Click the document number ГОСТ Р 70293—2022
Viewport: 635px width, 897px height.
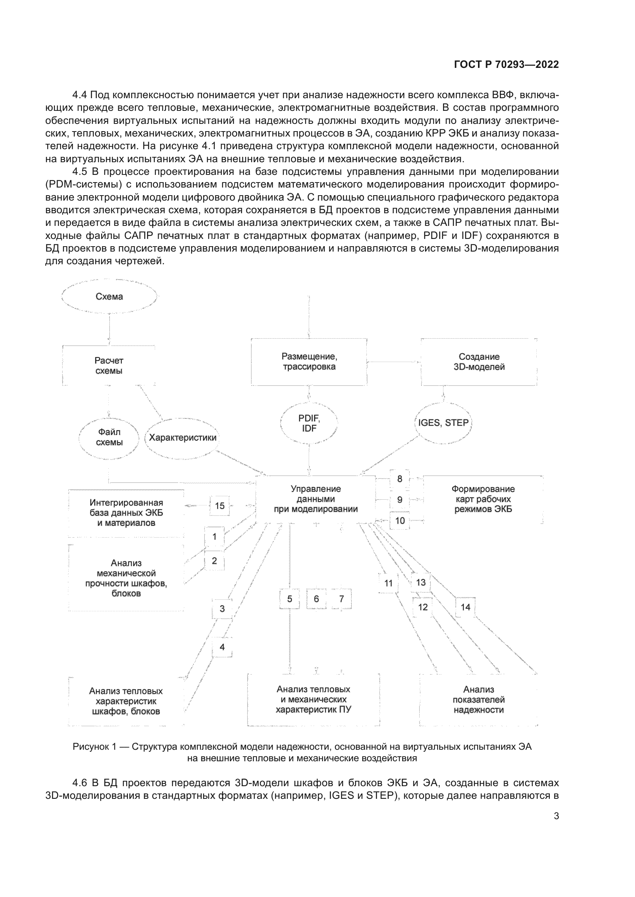pos(506,64)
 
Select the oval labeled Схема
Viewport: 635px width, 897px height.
pos(109,296)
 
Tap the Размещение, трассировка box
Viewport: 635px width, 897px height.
pos(309,362)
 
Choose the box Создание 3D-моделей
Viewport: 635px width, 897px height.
pos(479,362)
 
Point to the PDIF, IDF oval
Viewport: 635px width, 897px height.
pos(309,423)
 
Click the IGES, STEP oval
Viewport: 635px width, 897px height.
pos(443,423)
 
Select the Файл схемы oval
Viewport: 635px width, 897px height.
pos(109,437)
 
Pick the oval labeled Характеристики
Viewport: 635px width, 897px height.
pos(183,438)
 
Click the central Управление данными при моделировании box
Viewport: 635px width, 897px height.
pos(315,499)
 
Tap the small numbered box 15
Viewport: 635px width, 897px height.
pos(219,505)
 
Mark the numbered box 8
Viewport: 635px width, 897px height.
pos(399,479)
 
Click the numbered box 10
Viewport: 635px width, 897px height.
pos(400,520)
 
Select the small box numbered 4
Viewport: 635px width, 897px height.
pos(222,647)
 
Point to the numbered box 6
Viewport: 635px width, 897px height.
pos(316,599)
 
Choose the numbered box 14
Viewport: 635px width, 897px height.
pos(465,607)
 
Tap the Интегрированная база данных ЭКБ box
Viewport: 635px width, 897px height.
pos(126,513)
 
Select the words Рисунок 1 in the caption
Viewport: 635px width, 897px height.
pos(94,747)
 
